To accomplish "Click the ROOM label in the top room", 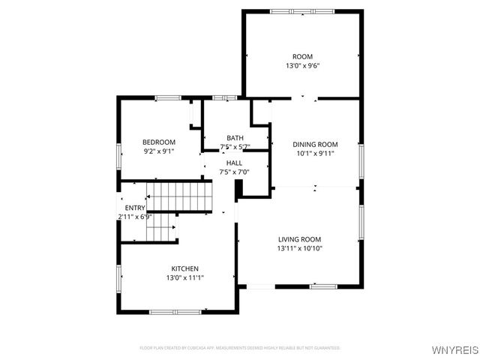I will coord(302,56).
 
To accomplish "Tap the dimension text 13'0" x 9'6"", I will coord(302,66).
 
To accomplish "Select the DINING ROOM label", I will coord(315,145).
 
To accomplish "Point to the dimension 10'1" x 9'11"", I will coord(315,154).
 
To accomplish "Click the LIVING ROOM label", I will coord(299,239).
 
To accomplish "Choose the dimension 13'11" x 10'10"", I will coord(299,248).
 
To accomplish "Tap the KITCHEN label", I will coord(184,268).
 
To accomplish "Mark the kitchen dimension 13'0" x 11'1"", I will coord(184,277).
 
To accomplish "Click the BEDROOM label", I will coord(159,142).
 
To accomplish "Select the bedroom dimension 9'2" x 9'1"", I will coord(159,151).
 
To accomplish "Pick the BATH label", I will coord(235,137).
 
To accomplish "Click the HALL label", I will coord(234,162).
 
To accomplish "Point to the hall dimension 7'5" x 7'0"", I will coord(234,172).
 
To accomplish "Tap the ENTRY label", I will coord(135,208).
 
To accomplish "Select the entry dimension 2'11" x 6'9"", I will coord(135,217).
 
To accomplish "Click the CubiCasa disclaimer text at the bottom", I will coord(240,348).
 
